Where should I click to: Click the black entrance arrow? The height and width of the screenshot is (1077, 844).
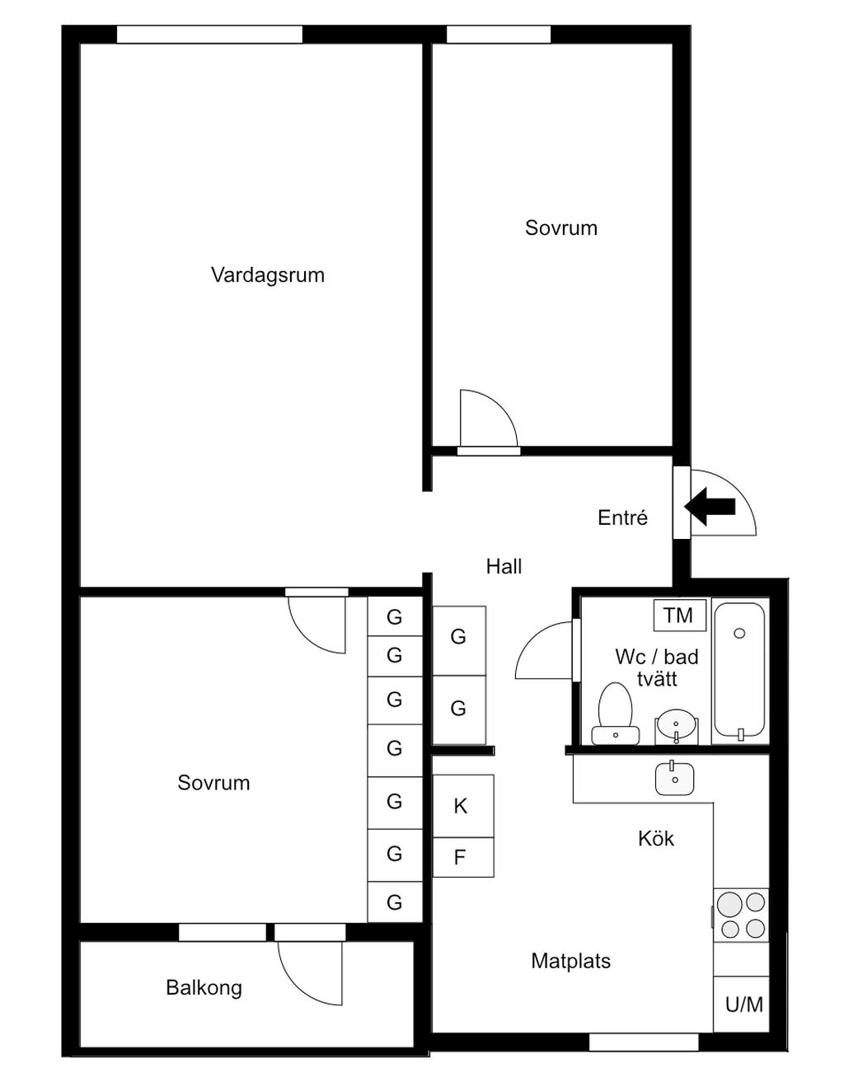(x=710, y=506)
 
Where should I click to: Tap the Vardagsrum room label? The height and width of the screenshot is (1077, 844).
(x=268, y=275)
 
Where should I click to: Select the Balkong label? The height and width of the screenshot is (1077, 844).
(x=204, y=987)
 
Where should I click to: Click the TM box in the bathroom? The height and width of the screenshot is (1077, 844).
(x=679, y=615)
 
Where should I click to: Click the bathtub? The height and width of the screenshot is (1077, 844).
(x=739, y=669)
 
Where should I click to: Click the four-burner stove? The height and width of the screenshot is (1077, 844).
(x=741, y=915)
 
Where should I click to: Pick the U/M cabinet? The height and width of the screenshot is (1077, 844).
(x=743, y=1004)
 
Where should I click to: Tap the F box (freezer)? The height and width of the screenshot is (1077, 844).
(x=462, y=857)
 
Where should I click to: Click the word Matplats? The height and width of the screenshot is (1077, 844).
(x=570, y=961)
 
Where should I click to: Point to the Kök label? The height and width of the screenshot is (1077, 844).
(x=656, y=839)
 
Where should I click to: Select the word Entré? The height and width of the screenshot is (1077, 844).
(x=622, y=517)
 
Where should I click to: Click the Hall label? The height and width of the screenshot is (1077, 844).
(x=504, y=566)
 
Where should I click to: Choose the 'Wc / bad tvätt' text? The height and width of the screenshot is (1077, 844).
(x=657, y=667)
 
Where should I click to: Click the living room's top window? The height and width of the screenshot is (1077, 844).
(x=209, y=35)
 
